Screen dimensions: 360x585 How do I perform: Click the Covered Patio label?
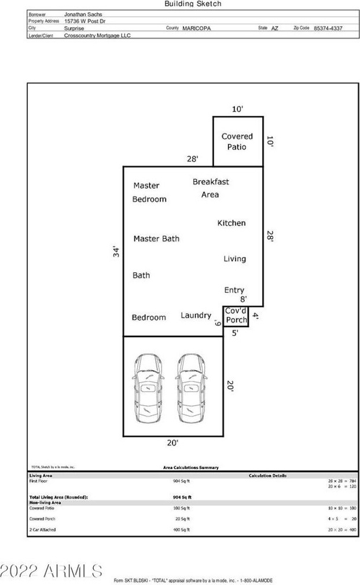pyautogui.click(x=237, y=141)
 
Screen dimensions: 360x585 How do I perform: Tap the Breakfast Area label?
pyautogui.click(x=211, y=188)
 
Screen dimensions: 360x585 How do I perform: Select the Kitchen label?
pyautogui.click(x=232, y=223)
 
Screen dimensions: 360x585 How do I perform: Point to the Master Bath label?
pyautogui.click(x=156, y=239)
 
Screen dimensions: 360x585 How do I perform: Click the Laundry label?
pyautogui.click(x=196, y=316)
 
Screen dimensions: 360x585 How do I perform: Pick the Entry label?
pyautogui.click(x=234, y=290)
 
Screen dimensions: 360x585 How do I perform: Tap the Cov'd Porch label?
pyautogui.click(x=236, y=316)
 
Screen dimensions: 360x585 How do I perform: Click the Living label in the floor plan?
pyautogui.click(x=234, y=259)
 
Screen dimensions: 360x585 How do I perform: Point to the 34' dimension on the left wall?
pyautogui.click(x=116, y=251)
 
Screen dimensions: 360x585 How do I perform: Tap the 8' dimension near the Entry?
pyautogui.click(x=244, y=299)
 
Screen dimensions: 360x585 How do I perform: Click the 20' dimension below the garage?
pyautogui.click(x=172, y=443)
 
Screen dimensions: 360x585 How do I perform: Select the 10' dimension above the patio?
pyautogui.click(x=237, y=109)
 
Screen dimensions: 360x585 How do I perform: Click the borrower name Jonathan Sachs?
pyautogui.click(x=83, y=14)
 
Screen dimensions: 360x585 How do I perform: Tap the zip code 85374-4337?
pyautogui.click(x=328, y=28)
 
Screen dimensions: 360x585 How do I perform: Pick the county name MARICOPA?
pyautogui.click(x=196, y=28)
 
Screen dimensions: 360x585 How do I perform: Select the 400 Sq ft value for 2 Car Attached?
pyautogui.click(x=181, y=529)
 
